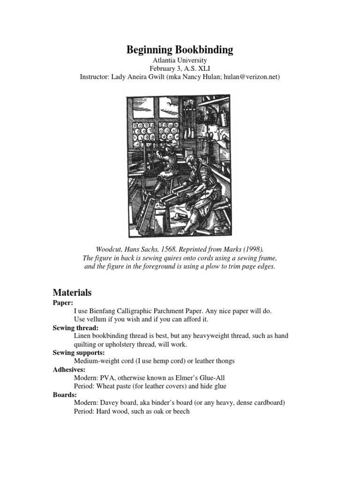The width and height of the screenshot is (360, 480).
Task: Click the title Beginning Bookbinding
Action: click(x=180, y=50)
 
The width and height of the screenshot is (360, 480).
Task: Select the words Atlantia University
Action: click(x=180, y=60)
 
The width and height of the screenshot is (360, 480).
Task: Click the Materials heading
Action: click(x=72, y=292)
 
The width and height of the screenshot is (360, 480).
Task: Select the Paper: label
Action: click(x=63, y=303)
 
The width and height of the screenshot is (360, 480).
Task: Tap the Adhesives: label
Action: click(x=68, y=369)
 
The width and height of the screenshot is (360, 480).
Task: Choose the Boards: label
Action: click(x=64, y=395)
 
